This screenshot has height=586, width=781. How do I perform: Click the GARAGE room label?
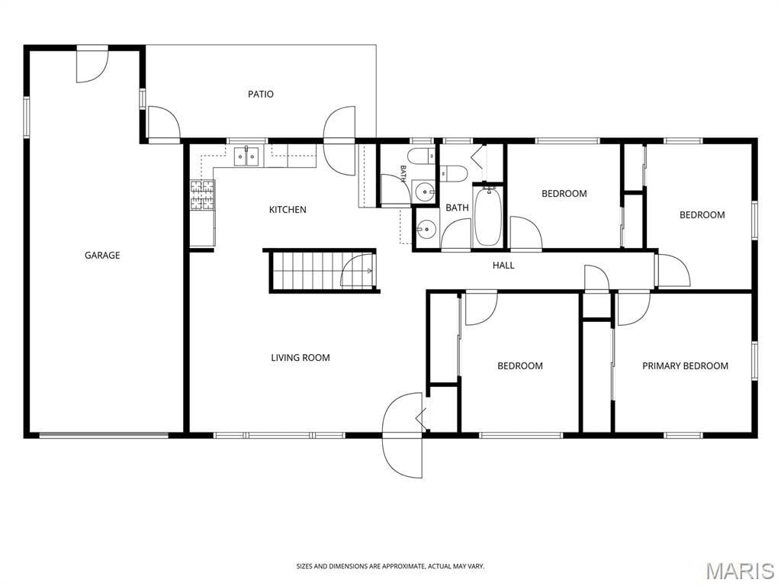click(102, 255)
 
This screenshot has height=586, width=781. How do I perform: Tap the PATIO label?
click(261, 94)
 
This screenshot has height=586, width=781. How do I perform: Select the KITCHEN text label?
click(288, 210)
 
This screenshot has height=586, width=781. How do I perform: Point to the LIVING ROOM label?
click(301, 357)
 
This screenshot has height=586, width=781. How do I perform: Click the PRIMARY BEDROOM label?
click(685, 365)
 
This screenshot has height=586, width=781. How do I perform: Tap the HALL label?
click(503, 266)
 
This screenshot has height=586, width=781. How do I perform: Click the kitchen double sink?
click(247, 156)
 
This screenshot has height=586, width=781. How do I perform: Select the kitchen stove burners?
click(203, 195)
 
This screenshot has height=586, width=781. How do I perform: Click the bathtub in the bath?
click(487, 216)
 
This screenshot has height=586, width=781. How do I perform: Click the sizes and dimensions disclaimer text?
click(390, 567)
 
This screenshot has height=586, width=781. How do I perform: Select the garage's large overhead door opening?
click(104, 436)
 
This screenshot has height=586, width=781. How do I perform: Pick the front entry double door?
click(403, 435)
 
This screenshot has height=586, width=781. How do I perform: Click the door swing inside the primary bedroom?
click(634, 309)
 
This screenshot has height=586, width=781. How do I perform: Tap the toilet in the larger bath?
click(453, 173)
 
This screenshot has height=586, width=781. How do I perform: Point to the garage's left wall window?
click(27, 117)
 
